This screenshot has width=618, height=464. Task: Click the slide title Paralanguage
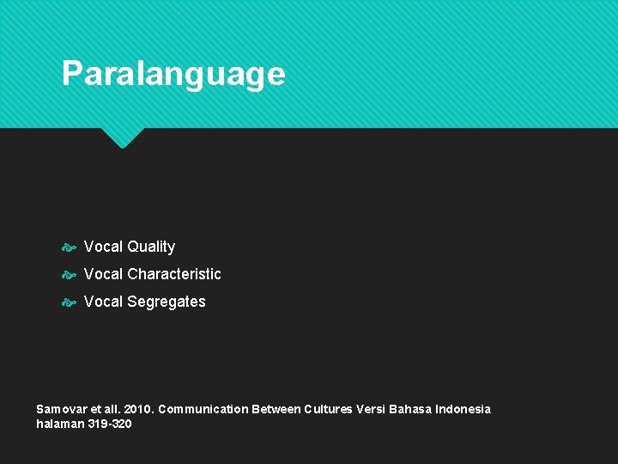173,74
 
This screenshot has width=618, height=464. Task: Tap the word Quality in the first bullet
151,247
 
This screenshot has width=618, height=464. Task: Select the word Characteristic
174,274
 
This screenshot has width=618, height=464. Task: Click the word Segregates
167,302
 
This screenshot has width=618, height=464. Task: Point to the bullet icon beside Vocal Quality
70,247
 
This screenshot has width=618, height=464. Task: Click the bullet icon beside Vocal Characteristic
70,275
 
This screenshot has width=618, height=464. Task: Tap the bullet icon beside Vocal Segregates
70,302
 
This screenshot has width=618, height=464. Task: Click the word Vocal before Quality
103,247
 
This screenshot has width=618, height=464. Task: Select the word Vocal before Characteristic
103,274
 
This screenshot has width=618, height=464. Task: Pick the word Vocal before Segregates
103,302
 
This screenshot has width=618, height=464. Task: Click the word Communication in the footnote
203,409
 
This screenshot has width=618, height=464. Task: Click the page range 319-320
110,424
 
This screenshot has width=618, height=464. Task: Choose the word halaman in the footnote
60,424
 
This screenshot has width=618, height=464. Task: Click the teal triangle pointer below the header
122,137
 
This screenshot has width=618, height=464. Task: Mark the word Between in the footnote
276,409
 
